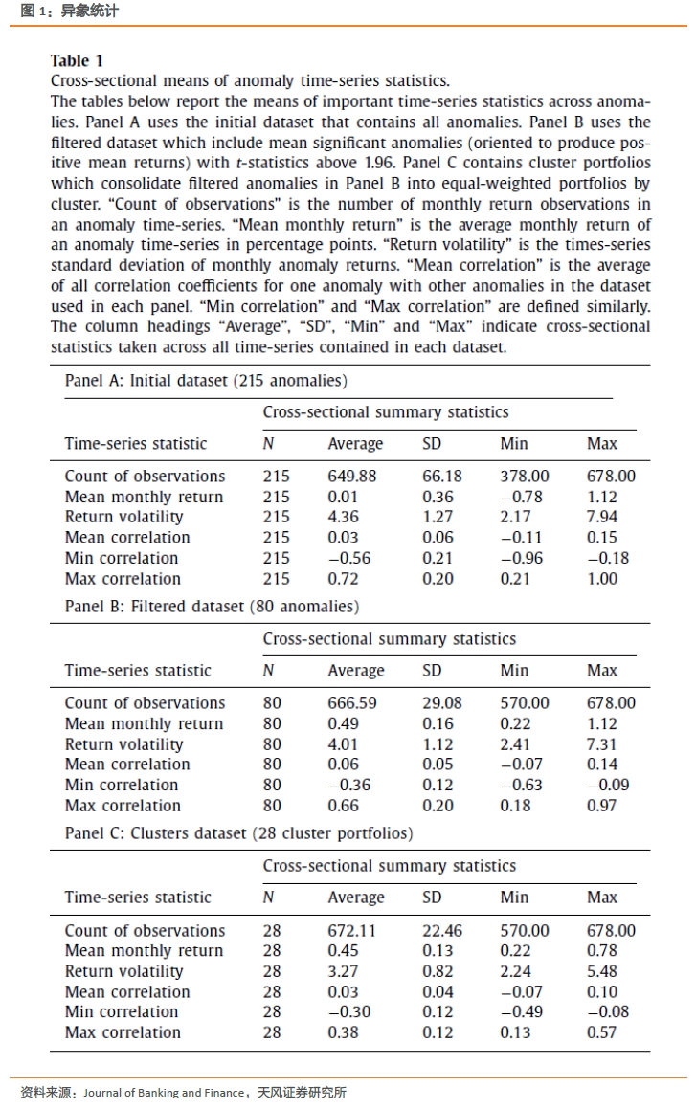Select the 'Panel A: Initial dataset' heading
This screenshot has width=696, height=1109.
pyautogui.click(x=206, y=380)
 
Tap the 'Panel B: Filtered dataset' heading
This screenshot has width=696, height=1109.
pyautogui.click(x=212, y=607)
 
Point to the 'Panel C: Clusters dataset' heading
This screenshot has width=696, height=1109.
pyautogui.click(x=238, y=833)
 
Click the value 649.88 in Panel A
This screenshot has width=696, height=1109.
pyautogui.click(x=351, y=476)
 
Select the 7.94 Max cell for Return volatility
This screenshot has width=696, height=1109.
pyautogui.click(x=602, y=517)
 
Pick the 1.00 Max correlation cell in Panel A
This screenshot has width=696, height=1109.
pyautogui.click(x=602, y=579)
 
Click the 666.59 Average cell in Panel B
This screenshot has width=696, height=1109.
pyautogui.click(x=351, y=702)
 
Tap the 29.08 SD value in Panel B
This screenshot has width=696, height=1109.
pyautogui.click(x=441, y=702)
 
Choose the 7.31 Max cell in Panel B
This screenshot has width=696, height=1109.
pyautogui.click(x=602, y=743)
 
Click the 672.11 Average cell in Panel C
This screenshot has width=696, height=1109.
pyautogui.click(x=351, y=930)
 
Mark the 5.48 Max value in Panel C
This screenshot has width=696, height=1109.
pyautogui.click(x=602, y=971)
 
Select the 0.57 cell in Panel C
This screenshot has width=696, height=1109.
pyautogui.click(x=602, y=1032)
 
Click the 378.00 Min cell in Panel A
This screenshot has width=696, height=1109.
pyautogui.click(x=525, y=476)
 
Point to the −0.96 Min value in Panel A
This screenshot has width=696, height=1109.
pyautogui.click(x=525, y=558)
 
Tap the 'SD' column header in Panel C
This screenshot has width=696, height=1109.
pyautogui.click(x=433, y=898)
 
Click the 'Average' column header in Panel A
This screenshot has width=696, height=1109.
pyautogui.click(x=355, y=444)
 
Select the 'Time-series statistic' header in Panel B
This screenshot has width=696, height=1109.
pyautogui.click(x=138, y=671)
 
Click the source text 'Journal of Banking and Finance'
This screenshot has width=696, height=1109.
pyautogui.click(x=164, y=1093)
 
